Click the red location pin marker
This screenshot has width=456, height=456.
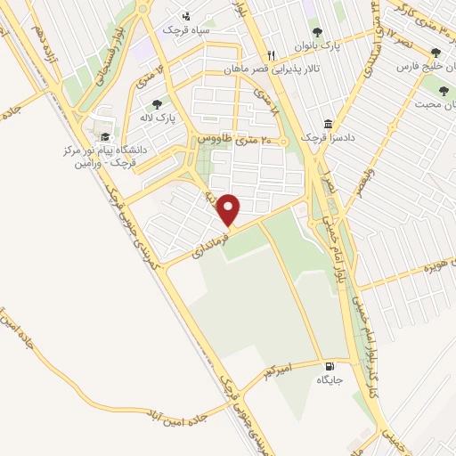coord(229,210)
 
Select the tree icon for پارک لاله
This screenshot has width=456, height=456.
coord(157,104)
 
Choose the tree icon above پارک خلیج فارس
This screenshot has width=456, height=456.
coord(436,53)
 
